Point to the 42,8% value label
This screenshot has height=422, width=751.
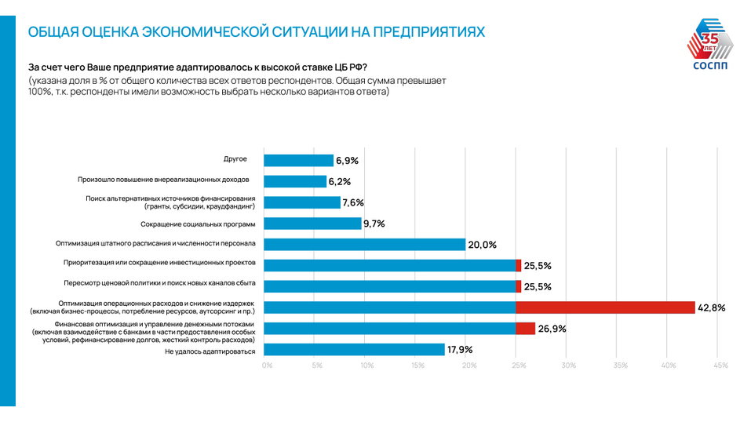click(x=711, y=307)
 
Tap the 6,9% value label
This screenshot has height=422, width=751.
click(x=347, y=161)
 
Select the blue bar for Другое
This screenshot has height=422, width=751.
click(x=298, y=161)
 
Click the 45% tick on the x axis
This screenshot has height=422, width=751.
click(x=720, y=366)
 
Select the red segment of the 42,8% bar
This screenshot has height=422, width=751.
click(x=605, y=307)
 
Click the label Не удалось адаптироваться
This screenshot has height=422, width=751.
click(x=210, y=351)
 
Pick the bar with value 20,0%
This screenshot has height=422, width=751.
click(x=364, y=245)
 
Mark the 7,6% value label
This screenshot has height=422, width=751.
click(x=353, y=202)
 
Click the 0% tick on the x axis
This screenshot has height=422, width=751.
click(x=267, y=366)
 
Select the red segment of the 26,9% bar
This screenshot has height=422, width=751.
click(x=526, y=329)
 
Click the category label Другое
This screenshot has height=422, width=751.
click(x=235, y=159)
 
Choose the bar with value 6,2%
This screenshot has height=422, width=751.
click(x=295, y=181)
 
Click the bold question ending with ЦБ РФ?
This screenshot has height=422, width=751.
click(x=198, y=66)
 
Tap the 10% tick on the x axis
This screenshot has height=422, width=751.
click(x=367, y=366)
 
